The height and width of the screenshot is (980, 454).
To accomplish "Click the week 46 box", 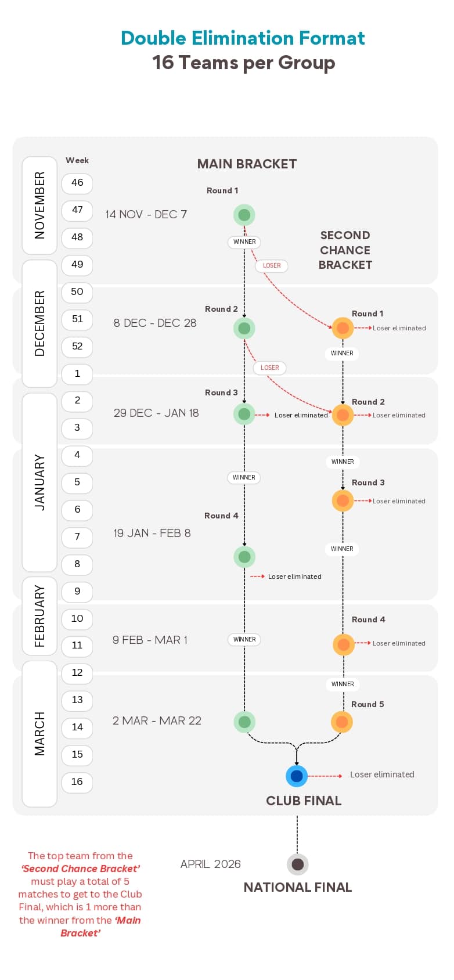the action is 77,183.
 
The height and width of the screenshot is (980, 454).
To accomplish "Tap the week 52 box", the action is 77,347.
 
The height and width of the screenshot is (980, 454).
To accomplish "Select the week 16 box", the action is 77,782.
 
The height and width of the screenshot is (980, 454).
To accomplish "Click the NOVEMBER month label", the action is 39,205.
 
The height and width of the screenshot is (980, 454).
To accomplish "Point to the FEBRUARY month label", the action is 39,615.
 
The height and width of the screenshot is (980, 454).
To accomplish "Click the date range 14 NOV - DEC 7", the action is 146,214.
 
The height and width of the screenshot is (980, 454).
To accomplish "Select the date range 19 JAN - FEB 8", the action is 152,533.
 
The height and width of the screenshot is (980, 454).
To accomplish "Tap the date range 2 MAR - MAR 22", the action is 157,720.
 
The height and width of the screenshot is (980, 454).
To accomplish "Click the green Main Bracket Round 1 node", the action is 244,215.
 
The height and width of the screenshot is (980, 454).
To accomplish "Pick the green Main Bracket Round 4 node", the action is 244,557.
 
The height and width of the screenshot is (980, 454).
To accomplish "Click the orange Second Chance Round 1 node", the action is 343,327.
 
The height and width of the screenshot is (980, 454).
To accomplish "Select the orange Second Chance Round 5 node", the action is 342,722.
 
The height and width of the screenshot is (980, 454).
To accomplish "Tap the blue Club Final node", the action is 297,776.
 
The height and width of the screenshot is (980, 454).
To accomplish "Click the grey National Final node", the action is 297,864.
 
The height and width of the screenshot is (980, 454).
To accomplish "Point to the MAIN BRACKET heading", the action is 247,164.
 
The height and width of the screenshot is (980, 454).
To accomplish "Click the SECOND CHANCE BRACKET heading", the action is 345,250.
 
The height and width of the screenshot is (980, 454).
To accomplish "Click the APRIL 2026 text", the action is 210,864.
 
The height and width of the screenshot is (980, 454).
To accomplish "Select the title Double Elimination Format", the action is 243,38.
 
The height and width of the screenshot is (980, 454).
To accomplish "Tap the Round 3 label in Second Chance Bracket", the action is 368,482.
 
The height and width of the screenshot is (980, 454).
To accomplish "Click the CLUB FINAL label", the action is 304,801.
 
